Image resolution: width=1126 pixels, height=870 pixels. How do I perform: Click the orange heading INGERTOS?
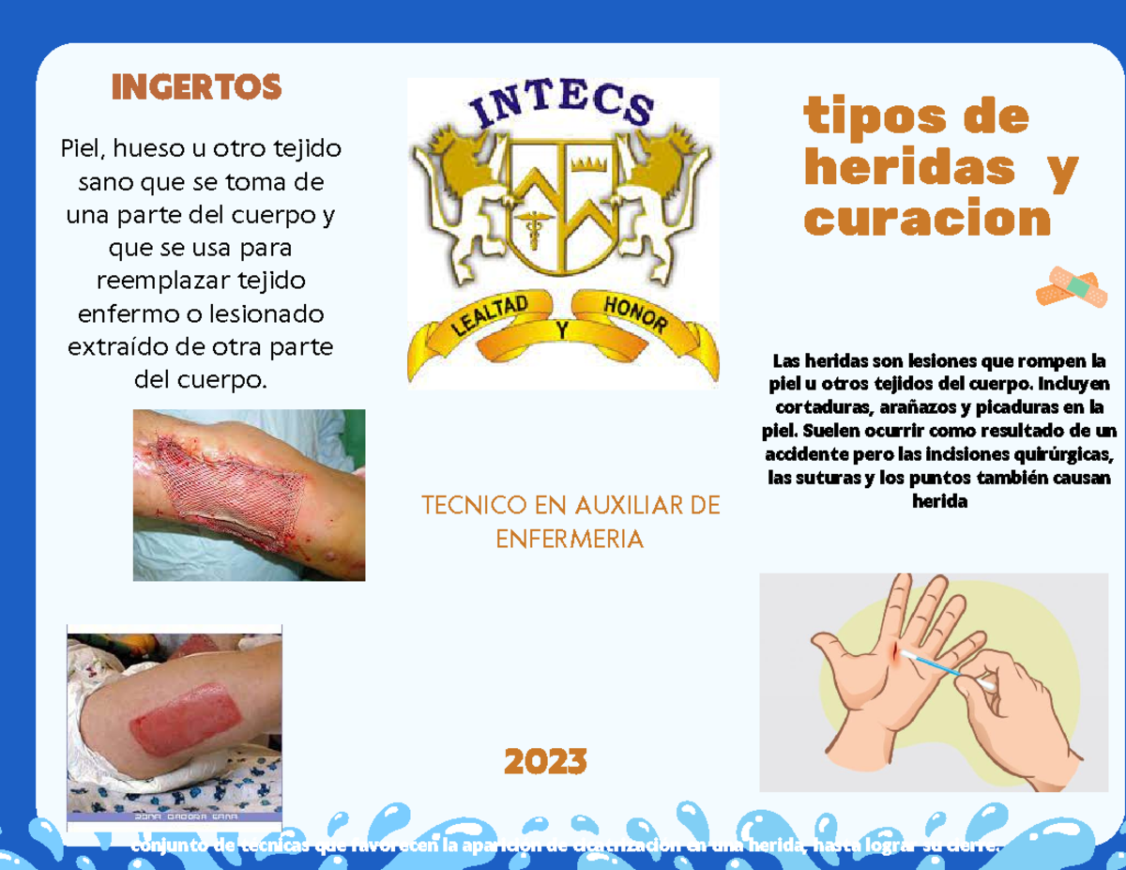tap(196, 87)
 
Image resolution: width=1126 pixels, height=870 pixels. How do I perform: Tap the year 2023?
tap(545, 762)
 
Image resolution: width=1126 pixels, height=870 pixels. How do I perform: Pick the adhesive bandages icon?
tap(1072, 286)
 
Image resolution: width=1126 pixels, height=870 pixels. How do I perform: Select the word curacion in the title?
tap(927, 220)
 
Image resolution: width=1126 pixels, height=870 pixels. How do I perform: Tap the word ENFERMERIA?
tap(570, 539)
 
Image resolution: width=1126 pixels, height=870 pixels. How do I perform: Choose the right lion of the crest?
tap(662, 188)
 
